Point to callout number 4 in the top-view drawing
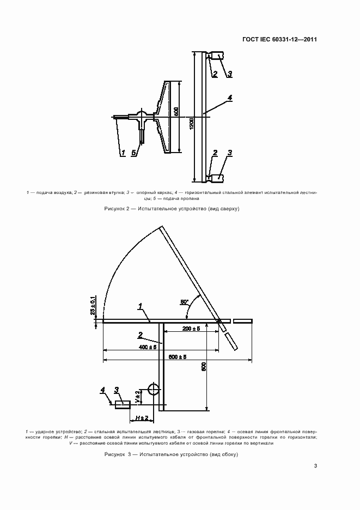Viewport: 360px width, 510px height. click(229, 98)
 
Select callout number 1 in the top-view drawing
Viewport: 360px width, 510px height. click(124, 153)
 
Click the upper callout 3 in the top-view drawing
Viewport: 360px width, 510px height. click(230, 74)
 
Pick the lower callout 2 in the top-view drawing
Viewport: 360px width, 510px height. click(215, 153)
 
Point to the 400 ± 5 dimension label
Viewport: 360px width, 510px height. click(148, 347)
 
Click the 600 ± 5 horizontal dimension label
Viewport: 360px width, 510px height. click(178, 357)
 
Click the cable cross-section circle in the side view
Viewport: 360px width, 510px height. click(153, 388)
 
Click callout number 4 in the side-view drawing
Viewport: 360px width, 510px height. click(102, 390)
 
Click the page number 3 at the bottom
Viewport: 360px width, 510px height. click(315, 466)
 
